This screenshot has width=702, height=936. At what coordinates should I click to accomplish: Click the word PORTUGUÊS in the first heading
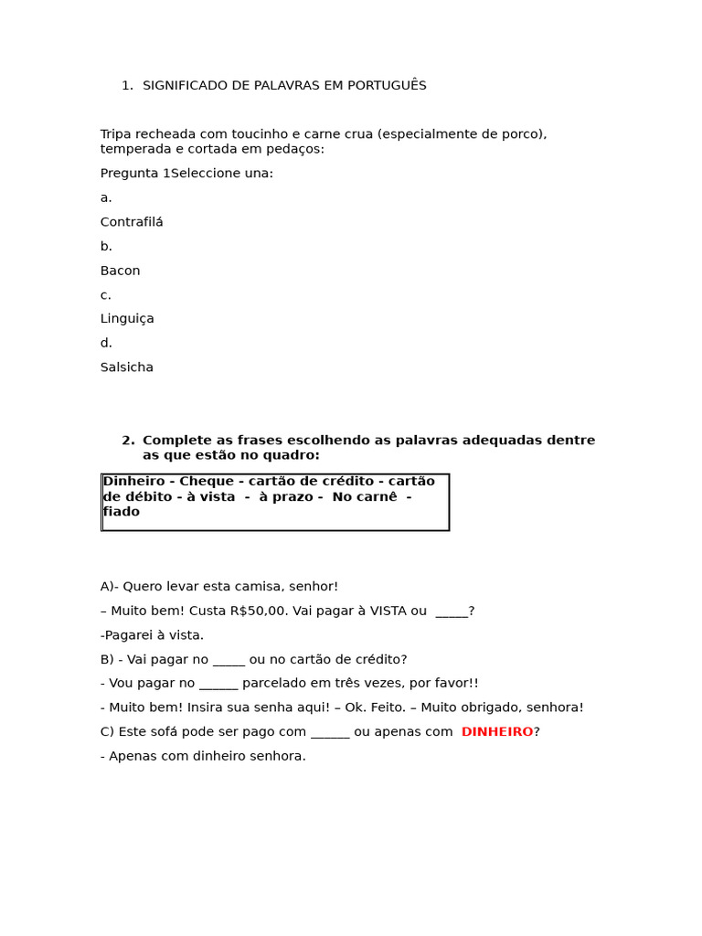388,86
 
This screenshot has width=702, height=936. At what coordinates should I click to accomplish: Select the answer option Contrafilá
132,222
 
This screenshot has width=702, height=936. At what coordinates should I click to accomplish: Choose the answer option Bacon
120,271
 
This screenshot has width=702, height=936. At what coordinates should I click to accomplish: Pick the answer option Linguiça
127,319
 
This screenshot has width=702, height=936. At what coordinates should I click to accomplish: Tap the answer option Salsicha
127,367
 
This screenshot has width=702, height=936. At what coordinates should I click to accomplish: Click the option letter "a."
106,197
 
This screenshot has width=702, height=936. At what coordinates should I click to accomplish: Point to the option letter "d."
106,343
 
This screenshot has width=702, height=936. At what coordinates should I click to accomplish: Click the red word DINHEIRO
497,732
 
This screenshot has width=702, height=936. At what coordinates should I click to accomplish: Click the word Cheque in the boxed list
207,482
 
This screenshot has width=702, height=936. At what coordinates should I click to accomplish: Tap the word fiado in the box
122,512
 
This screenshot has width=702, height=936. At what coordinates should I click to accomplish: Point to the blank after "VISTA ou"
452,612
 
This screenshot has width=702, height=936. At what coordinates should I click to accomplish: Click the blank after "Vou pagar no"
218,684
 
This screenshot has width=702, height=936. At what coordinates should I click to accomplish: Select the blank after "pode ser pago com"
330,732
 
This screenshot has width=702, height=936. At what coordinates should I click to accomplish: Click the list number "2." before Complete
128,441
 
